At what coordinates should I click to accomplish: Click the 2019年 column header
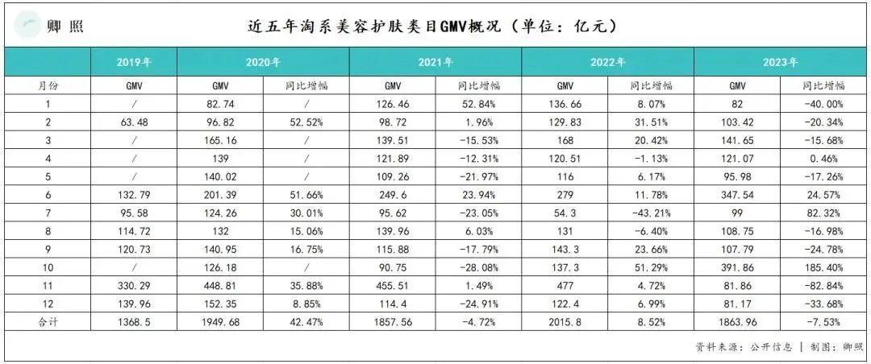pos(134,62)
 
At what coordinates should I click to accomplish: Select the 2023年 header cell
pos(781,62)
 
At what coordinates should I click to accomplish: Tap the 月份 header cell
pos(48,85)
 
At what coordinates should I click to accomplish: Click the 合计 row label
pos(48,322)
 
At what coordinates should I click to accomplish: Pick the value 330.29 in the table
pos(134,286)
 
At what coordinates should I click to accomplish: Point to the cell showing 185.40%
pos(823,267)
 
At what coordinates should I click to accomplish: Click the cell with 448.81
pos(220,286)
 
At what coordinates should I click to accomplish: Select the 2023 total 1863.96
pos(737,322)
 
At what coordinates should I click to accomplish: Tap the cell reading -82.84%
pos(823,286)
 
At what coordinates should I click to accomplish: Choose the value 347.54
pos(737,195)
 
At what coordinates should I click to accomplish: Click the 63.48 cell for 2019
pos(134,122)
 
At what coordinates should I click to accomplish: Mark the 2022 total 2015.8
pos(565,322)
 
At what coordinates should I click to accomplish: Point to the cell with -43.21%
pos(651,213)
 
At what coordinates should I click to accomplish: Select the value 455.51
pos(392,286)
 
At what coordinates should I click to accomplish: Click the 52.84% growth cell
pos(478,104)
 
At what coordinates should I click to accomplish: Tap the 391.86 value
pos(737,267)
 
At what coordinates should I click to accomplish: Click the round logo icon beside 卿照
pos(27,26)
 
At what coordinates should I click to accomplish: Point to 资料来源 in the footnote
pos(717,347)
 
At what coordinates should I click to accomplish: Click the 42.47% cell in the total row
pos(306,322)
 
